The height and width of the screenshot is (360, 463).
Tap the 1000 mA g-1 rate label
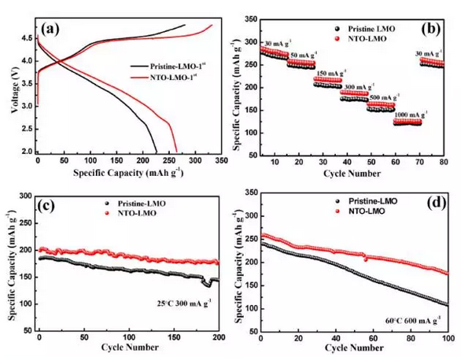coord(407,113)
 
